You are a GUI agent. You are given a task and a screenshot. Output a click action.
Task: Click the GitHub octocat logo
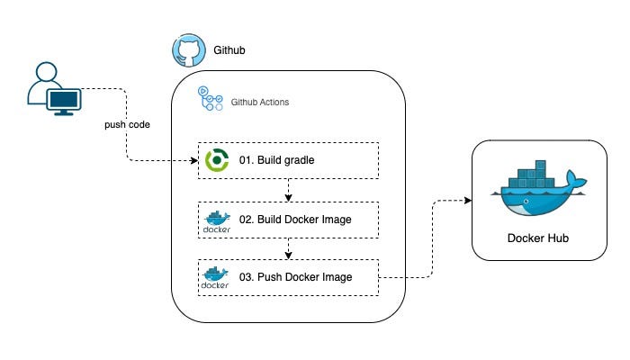tap(186, 50)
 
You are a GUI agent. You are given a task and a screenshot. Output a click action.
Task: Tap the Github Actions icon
tap(211, 98)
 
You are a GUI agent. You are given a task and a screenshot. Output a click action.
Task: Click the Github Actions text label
tap(260, 103)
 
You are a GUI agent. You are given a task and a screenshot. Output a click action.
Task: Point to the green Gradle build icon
tap(217, 160)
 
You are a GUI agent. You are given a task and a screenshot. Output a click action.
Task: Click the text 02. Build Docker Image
tap(293, 219)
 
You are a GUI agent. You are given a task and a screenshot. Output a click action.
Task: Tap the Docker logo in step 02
tap(217, 220)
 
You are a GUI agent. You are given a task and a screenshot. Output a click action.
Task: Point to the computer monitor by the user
tap(65, 102)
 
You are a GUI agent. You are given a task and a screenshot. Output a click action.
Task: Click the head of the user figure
tap(45, 75)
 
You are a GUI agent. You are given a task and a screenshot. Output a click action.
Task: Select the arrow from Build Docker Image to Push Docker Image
tap(288, 247)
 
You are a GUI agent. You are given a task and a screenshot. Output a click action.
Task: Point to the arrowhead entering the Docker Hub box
tap(468, 200)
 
